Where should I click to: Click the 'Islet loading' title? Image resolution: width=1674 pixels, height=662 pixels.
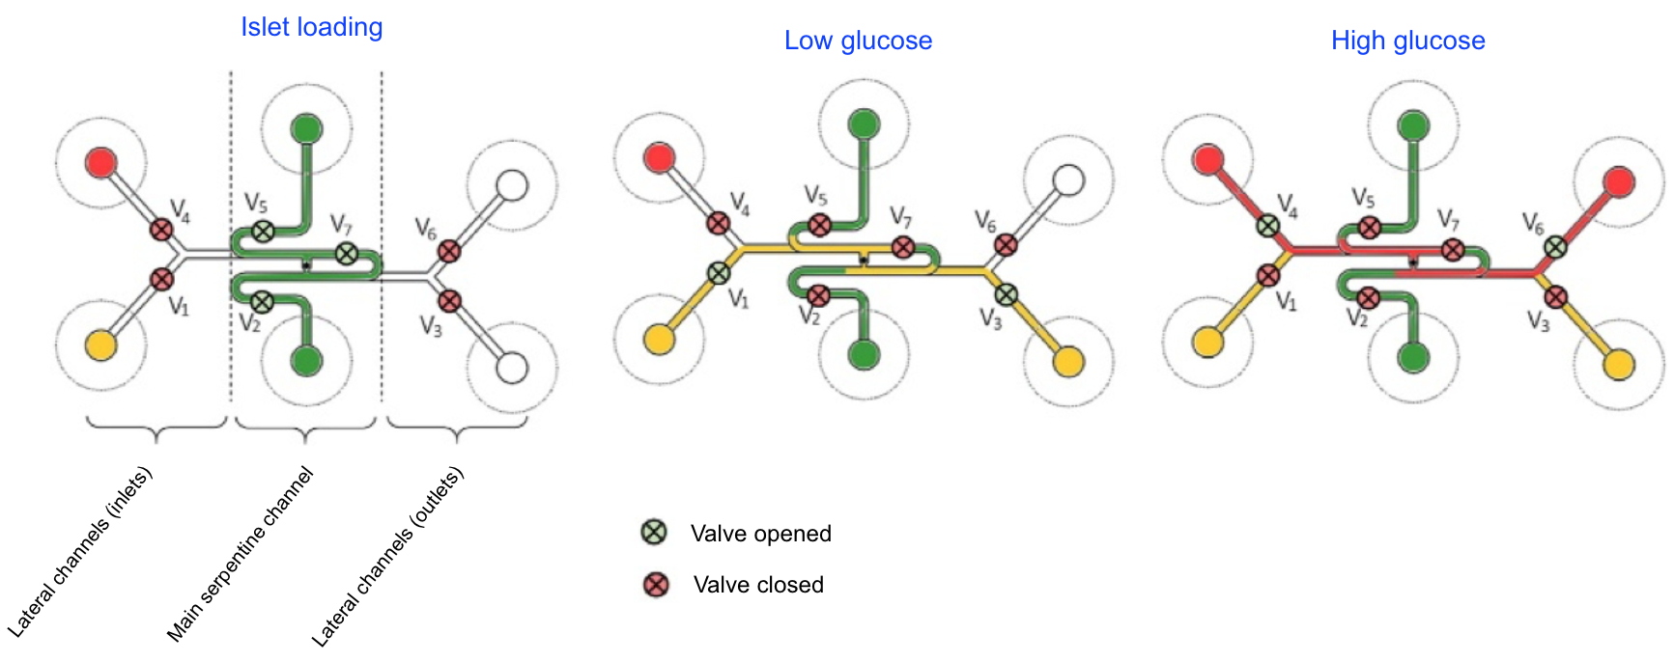[x=311, y=27]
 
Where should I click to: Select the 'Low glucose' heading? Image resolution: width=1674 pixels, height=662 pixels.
[x=858, y=41]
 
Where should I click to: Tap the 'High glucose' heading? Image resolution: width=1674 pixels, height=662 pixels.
[x=1407, y=41]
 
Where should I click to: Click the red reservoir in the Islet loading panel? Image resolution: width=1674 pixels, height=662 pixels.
[x=101, y=162]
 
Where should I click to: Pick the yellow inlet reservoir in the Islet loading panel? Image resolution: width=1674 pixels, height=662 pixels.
[x=101, y=345]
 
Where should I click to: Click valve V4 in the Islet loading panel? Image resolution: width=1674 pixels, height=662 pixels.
[x=161, y=229]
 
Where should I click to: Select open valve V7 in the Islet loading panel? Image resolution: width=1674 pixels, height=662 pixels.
[x=346, y=254]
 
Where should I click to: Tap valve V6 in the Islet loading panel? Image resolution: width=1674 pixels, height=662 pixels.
[x=449, y=251]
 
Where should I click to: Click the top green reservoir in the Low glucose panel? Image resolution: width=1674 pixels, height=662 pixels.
[x=864, y=124]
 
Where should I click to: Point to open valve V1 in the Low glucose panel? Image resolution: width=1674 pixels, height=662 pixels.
[x=719, y=273]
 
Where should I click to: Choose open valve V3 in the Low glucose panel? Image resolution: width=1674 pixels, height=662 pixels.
[x=1006, y=294]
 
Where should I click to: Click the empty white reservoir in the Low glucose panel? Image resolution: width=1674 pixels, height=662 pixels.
[x=1068, y=179]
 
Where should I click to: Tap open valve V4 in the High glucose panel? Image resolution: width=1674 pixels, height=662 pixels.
[x=1267, y=226]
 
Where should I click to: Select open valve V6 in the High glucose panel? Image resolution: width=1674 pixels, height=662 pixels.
[x=1555, y=247]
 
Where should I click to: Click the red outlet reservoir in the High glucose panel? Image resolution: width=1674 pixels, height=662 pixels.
[x=1619, y=181]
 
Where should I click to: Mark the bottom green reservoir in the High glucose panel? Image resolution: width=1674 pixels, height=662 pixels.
[x=1413, y=358]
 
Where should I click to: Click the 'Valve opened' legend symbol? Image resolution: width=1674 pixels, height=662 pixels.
[x=655, y=532]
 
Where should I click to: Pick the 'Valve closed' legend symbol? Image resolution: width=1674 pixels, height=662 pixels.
[x=656, y=584]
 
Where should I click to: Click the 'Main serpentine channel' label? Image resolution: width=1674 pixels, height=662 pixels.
[x=241, y=555]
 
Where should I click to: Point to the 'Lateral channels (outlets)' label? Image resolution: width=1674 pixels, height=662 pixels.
[x=387, y=557]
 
